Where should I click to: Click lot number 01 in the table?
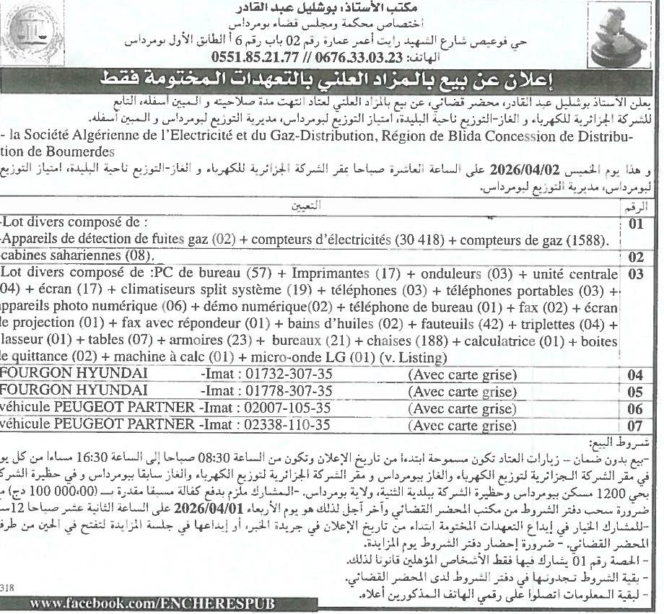tap(636, 224)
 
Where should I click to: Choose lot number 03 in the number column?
tap(635, 274)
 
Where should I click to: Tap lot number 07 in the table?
tap(635, 426)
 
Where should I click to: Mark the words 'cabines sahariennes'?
tap(65, 256)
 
